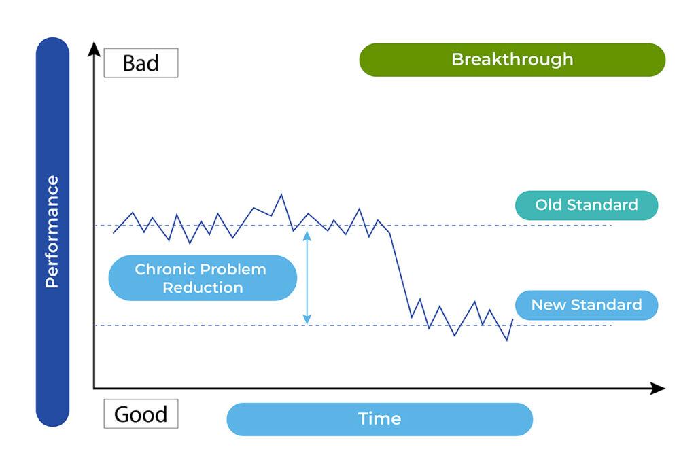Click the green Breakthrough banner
pyautogui.click(x=512, y=60)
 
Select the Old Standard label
pyautogui.click(x=586, y=205)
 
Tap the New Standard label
pyautogui.click(x=586, y=305)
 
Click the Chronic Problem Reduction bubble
pyautogui.click(x=202, y=278)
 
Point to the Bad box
pyautogui.click(x=141, y=63)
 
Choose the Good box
pyautogui.click(x=141, y=414)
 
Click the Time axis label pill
pyautogui.click(x=379, y=419)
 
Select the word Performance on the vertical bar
pyautogui.click(x=52, y=232)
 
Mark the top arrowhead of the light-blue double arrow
pyautogui.click(x=307, y=235)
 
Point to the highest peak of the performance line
pyautogui.click(x=281, y=195)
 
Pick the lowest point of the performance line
pyautogui.click(x=506, y=340)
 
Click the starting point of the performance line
pyautogui.click(x=114, y=233)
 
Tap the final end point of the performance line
pyautogui.click(x=512, y=319)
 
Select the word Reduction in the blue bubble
pyautogui.click(x=202, y=287)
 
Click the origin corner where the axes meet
pyautogui.click(x=94, y=389)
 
